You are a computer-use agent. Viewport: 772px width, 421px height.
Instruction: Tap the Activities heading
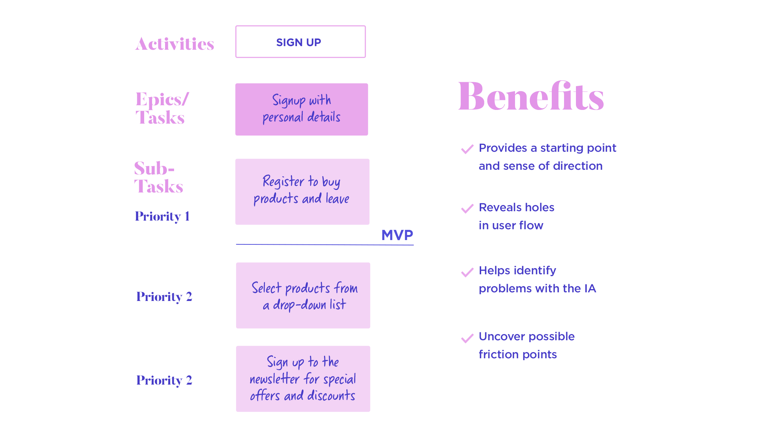point(175,44)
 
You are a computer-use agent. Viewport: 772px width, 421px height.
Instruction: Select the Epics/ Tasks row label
point(162,108)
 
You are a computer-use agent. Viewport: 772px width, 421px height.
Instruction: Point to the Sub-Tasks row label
point(159,177)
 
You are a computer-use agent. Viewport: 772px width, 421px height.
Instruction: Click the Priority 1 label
point(162,216)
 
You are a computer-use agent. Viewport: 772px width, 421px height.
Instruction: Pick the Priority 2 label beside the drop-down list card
point(164,297)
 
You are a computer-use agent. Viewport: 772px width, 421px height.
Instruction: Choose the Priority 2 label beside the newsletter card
point(164,380)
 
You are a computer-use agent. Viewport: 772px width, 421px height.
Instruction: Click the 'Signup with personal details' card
point(302,109)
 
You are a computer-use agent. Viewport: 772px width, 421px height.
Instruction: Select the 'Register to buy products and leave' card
point(302,192)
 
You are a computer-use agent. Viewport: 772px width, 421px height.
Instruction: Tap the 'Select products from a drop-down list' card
point(303,295)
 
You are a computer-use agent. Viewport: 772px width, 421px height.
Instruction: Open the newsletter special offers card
point(303,379)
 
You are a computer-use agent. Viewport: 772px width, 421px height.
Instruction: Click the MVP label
point(397,235)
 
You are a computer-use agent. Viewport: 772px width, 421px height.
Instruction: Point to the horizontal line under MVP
point(325,245)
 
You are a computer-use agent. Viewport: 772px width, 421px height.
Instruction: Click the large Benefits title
point(531,96)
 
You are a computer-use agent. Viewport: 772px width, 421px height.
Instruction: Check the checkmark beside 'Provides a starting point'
point(467,149)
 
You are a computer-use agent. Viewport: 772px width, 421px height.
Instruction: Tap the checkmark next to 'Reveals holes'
point(467,209)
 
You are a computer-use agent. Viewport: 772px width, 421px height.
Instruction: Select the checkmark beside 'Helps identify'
point(467,272)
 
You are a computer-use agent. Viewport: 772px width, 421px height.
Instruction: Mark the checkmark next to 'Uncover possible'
point(467,338)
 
